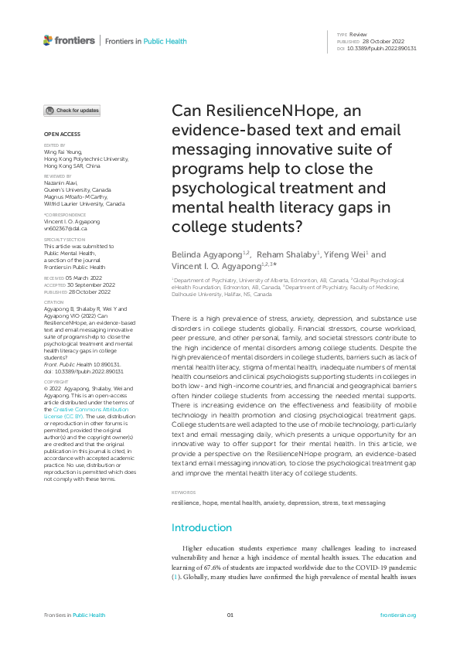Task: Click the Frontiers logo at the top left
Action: (70, 40)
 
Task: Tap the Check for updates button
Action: (72, 111)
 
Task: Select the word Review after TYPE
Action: (358, 35)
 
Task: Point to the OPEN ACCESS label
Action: (58, 134)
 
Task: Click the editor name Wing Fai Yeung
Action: (62, 153)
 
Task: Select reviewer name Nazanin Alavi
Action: (61, 182)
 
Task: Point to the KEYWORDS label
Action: (183, 471)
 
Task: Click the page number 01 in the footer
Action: (230, 615)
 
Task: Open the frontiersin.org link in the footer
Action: (399, 615)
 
